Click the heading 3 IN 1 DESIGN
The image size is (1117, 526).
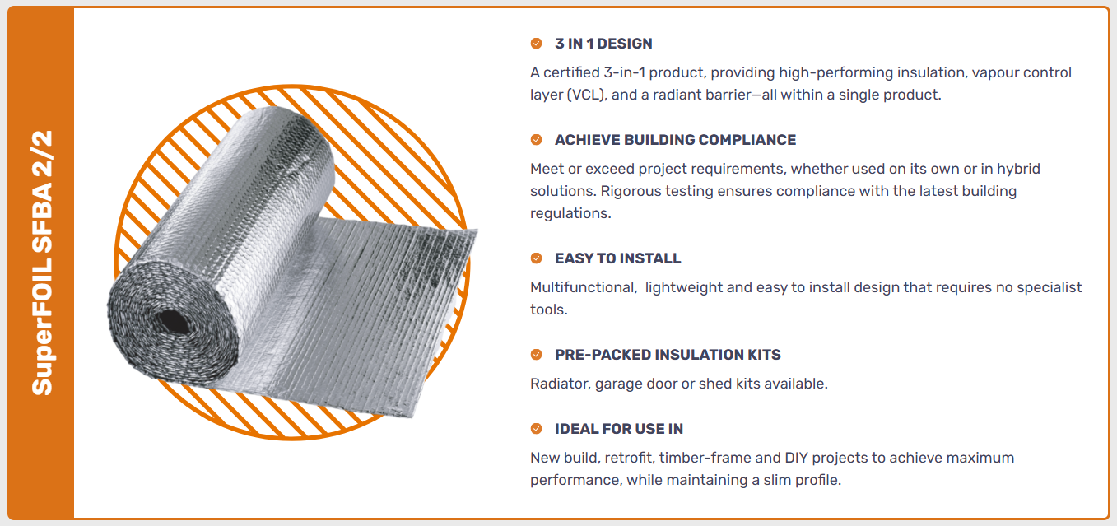603,44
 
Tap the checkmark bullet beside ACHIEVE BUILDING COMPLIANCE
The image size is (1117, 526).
537,140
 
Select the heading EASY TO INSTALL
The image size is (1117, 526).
618,258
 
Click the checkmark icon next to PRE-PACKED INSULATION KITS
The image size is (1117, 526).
537,355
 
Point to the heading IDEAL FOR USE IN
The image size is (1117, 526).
619,429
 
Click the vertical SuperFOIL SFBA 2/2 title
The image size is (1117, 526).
42,263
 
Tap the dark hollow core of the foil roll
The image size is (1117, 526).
173,322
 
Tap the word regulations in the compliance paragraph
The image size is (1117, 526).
570,214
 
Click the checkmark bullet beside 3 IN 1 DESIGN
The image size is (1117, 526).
537,44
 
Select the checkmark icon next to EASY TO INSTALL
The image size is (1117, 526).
537,258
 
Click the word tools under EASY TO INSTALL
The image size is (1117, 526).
548,310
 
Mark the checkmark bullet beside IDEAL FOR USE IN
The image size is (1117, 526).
537,429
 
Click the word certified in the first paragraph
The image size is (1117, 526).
571,72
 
